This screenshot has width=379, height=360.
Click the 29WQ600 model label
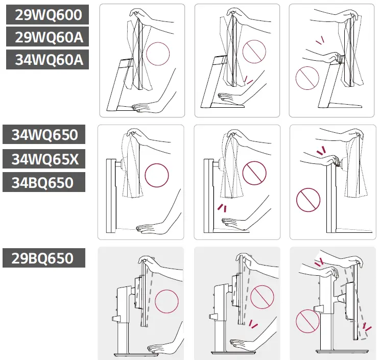pos(48,15)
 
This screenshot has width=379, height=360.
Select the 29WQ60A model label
pos(48,37)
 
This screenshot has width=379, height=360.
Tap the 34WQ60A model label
pos(48,60)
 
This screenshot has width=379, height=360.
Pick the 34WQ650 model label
pos(45,135)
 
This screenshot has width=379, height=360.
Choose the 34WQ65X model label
pos(45,159)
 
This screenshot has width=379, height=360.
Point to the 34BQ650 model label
pos(45,182)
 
